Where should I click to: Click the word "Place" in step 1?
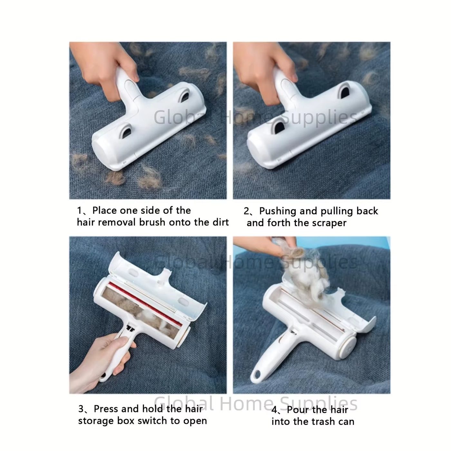[x=105, y=211]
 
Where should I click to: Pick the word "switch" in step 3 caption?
[x=149, y=421]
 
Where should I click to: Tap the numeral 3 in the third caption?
[x=81, y=409]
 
